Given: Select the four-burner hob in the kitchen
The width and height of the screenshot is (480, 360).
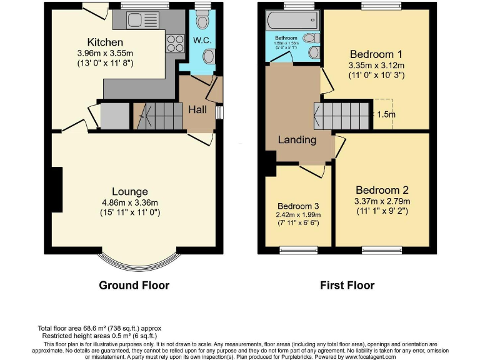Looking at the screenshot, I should point(175,43).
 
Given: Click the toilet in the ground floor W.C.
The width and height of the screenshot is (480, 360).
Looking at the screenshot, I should point(202,22).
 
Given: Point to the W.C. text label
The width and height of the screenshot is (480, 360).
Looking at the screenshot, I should point(201,41).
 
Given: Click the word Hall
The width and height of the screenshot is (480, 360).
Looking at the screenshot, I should point(197,109).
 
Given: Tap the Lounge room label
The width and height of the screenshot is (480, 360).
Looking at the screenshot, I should point(130,191).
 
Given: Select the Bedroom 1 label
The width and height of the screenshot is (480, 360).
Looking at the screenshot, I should point(376,53).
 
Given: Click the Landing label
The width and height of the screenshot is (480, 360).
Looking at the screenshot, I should point(297,139).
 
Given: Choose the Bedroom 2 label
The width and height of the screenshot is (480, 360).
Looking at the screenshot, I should point(382,190).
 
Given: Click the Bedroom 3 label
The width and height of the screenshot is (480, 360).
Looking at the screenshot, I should point(299,206).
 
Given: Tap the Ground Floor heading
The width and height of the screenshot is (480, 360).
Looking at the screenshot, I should point(134,285).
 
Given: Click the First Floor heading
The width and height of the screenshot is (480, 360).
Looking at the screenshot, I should point(347,285).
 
